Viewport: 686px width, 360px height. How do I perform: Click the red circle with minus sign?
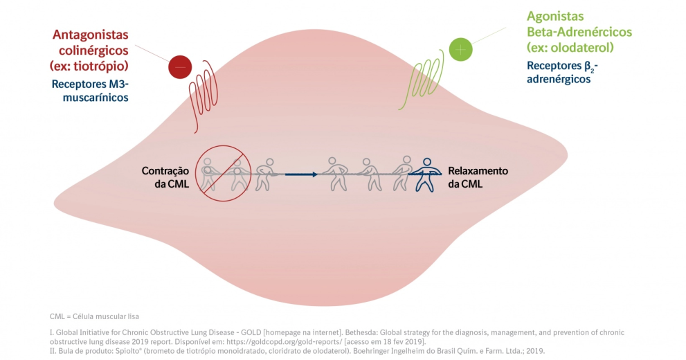tap(179, 67)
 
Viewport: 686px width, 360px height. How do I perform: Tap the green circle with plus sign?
tap(460, 49)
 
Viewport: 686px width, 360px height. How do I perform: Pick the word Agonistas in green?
tap(555, 16)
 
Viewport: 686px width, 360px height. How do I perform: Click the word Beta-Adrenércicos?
tap(579, 32)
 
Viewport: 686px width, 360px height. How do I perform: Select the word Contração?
tap(166, 170)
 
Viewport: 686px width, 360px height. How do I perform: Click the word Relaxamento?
tap(478, 170)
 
